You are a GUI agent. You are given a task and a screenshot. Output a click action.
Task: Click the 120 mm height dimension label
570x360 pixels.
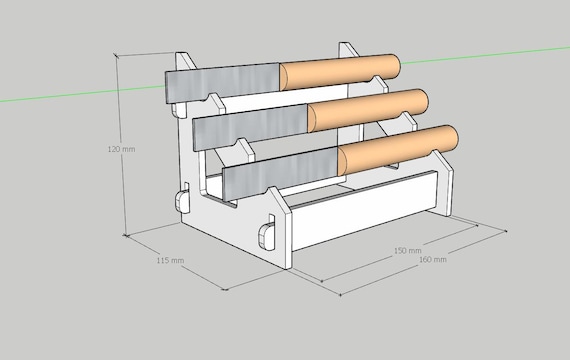click(121, 149)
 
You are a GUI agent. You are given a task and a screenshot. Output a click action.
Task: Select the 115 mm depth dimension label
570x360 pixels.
click(170, 260)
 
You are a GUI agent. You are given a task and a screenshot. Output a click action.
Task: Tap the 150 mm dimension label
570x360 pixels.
click(408, 251)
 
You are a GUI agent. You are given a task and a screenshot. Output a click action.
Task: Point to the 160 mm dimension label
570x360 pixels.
click(433, 260)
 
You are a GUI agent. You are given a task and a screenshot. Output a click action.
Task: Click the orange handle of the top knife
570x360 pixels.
click(340, 71)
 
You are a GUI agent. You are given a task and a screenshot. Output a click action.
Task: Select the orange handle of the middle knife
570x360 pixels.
click(368, 109)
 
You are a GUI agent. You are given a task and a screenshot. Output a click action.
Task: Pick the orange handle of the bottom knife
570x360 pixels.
click(398, 149)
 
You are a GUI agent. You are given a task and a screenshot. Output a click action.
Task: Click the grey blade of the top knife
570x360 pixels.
click(222, 83)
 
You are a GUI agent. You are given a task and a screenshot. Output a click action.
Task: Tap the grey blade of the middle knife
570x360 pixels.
click(251, 127)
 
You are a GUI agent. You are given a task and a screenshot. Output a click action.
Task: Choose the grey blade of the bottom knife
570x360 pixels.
click(280, 174)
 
